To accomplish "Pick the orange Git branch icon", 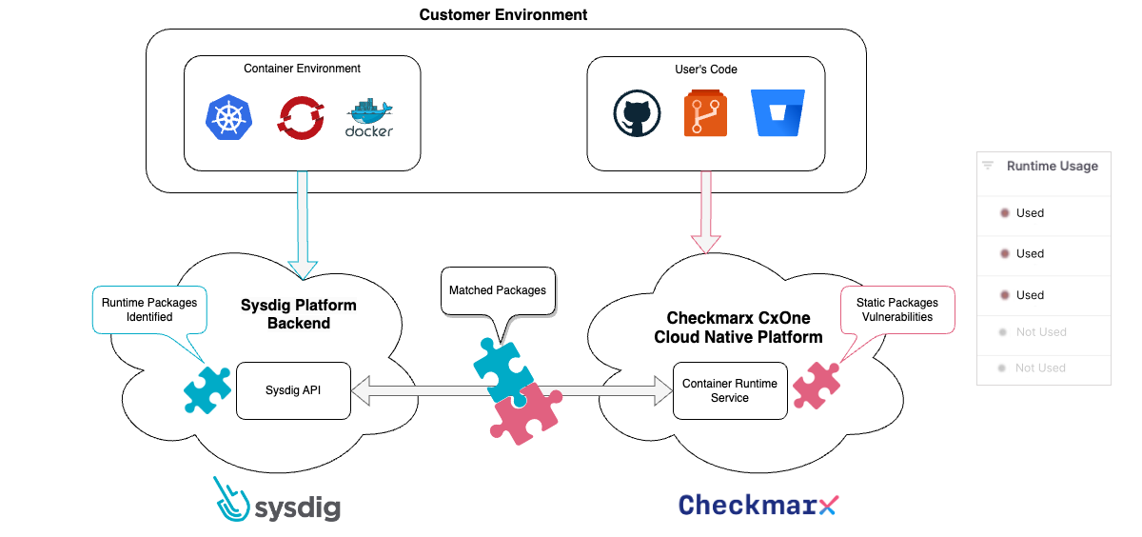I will click(x=705, y=114).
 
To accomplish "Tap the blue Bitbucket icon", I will click(x=777, y=113).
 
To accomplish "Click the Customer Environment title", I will click(x=503, y=14).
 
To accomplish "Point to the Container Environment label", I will click(x=302, y=69).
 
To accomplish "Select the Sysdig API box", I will click(x=293, y=389).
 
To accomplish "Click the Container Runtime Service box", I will click(x=730, y=390).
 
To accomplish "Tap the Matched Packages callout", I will click(x=497, y=290).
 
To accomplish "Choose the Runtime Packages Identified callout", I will click(x=149, y=309).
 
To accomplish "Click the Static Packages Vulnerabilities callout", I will click(x=895, y=309).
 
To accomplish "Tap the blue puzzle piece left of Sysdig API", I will click(x=207, y=389).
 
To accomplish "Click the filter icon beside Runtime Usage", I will click(x=988, y=166).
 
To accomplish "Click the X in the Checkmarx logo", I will click(x=828, y=505).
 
